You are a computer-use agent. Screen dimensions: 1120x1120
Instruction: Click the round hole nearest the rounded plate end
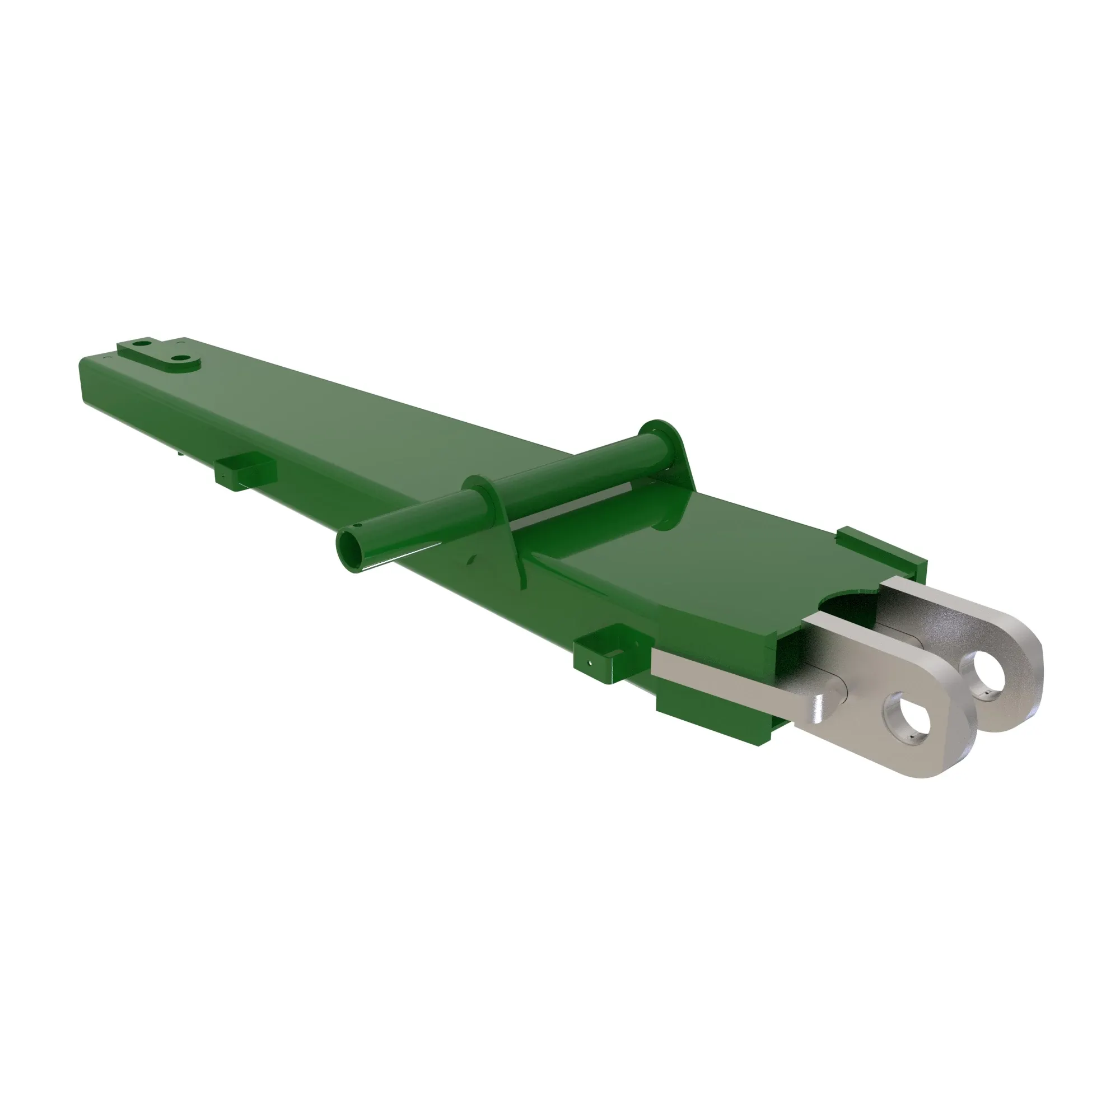182,360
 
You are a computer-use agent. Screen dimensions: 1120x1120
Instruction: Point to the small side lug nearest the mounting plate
245,471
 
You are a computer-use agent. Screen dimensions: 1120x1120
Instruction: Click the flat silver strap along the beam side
725,678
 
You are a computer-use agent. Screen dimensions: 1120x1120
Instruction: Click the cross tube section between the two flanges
574,475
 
